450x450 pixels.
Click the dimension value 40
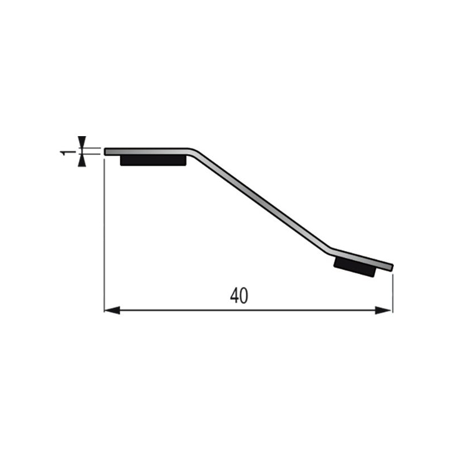click(238, 296)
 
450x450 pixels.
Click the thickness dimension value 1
click(65, 152)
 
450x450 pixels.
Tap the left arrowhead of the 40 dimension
click(112, 310)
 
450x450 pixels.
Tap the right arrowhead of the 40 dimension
click(383, 310)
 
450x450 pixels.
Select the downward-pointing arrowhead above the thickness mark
click(82, 142)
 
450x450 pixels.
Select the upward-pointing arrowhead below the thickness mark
click(82, 160)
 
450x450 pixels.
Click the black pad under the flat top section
click(153, 160)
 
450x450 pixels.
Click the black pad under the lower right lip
click(355, 267)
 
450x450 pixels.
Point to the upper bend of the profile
click(192, 151)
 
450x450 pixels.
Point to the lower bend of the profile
click(330, 250)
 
